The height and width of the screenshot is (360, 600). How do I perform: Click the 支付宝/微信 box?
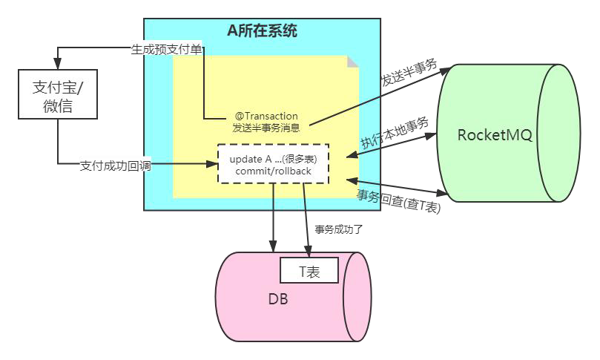coord(58,95)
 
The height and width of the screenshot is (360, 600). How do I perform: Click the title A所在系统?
coord(263,31)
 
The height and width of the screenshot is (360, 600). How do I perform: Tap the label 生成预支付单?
coord(165,50)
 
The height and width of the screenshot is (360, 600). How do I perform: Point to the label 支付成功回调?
coord(115,166)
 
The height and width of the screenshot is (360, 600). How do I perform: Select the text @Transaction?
coord(266,116)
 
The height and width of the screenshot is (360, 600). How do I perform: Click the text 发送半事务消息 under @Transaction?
coord(266,128)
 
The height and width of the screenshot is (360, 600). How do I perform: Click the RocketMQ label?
coord(495,135)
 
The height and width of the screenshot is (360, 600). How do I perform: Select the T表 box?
coord(309,271)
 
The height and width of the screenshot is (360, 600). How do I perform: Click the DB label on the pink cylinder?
coord(278,299)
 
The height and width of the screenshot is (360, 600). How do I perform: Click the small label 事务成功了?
coord(337,229)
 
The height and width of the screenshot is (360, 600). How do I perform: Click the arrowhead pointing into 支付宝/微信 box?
coord(58,65)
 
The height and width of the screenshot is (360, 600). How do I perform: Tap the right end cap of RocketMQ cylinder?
coord(564,134)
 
